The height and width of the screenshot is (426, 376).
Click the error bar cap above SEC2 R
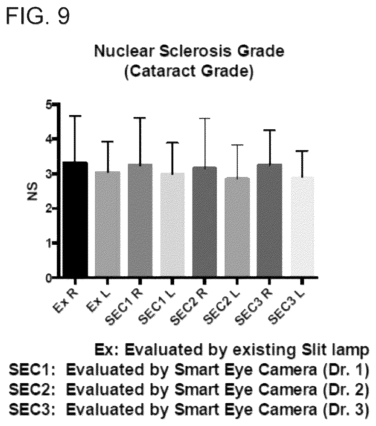click(x=204, y=118)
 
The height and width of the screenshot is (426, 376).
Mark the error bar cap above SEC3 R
click(x=269, y=130)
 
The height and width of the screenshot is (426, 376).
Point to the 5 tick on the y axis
click(x=55, y=103)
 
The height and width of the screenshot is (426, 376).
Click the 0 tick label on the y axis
click(x=48, y=278)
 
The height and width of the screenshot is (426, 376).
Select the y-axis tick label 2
click(x=48, y=208)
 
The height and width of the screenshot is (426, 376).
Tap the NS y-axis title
click(x=33, y=191)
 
